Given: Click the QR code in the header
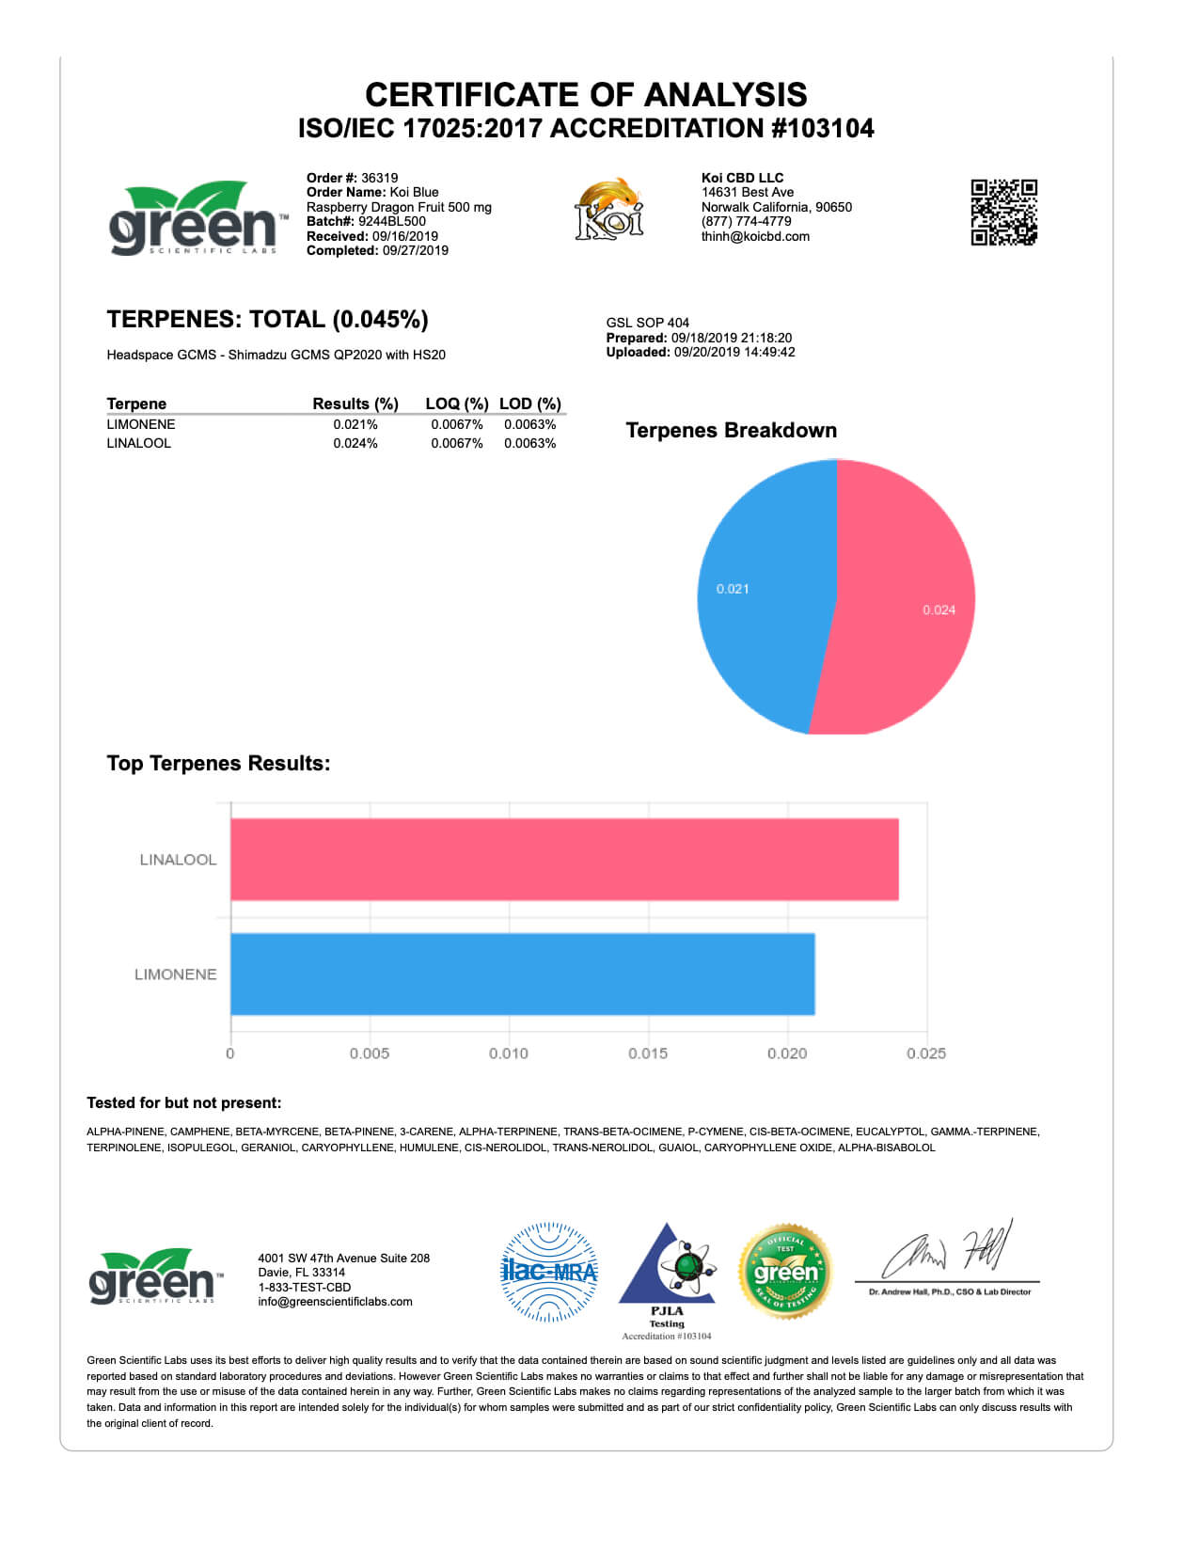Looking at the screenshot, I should [1003, 212].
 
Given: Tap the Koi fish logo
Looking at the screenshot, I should [609, 209].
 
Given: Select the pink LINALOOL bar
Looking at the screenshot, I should [564, 859].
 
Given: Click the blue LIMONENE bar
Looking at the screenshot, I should [522, 974].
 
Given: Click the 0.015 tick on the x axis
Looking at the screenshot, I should [648, 1053].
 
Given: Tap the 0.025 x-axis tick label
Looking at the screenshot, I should [926, 1053].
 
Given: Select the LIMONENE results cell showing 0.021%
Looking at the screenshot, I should [355, 424].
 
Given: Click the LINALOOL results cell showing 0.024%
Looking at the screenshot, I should [355, 443].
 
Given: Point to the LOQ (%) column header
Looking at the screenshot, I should [456, 404].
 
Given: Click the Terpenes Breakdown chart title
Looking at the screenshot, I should [731, 430].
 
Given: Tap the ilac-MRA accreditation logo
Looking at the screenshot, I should [549, 1272].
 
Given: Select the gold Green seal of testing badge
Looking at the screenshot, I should [785, 1272].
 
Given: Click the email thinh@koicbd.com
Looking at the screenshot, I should [755, 236].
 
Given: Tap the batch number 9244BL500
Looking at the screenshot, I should [391, 221].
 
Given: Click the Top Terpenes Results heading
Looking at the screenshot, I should [218, 763].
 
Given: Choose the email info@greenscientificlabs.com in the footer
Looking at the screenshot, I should [335, 1302].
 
